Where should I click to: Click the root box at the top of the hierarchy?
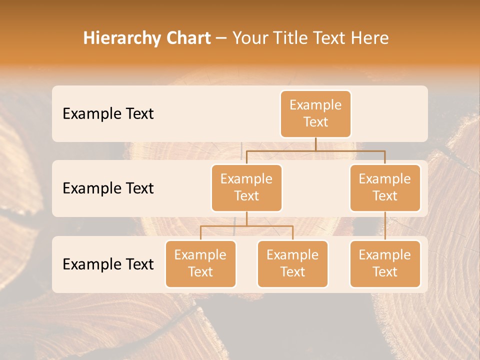(x=315, y=113)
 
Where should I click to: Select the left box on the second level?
(x=246, y=187)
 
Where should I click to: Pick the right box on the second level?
(x=385, y=187)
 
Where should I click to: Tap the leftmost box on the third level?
(x=200, y=263)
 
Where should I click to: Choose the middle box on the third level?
(x=292, y=263)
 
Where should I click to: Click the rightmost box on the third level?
(x=385, y=263)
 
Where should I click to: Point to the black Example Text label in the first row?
(x=108, y=114)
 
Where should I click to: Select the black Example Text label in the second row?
(x=108, y=188)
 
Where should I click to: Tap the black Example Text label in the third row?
(x=108, y=264)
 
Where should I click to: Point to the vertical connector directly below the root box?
(x=315, y=144)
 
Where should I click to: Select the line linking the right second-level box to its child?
(x=385, y=226)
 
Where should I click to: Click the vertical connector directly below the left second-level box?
(x=246, y=218)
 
